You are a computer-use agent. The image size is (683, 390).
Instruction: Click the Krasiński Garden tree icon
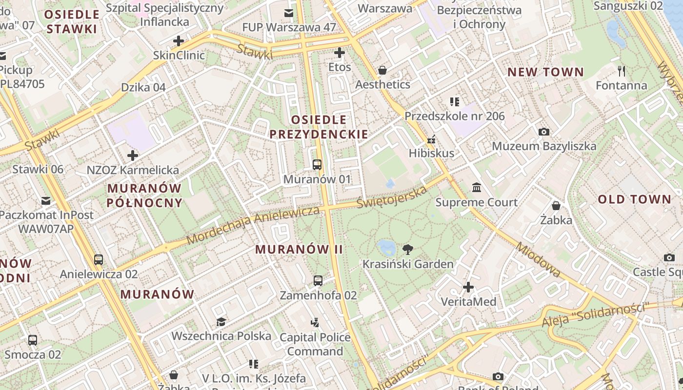[x=407, y=250]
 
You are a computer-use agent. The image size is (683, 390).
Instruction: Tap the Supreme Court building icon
[x=477, y=188]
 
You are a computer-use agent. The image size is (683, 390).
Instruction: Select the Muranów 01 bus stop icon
[x=317, y=165]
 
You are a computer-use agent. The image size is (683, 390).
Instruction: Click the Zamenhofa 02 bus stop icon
[x=318, y=280]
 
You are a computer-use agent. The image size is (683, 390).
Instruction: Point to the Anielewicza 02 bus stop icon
[x=99, y=259]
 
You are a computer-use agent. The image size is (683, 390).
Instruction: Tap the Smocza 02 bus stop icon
[x=33, y=340]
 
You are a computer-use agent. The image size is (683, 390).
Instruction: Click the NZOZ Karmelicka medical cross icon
[x=132, y=156]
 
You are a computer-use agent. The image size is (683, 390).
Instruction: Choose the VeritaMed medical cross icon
[x=468, y=287]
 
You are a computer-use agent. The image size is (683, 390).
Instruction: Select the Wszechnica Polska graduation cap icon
[x=221, y=322]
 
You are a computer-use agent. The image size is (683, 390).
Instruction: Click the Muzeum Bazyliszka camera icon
[x=543, y=132]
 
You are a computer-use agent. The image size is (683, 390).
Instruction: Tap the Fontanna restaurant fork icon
[x=621, y=71]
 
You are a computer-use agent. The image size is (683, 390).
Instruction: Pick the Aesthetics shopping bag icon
[x=382, y=70]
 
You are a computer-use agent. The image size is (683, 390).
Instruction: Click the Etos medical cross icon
[x=340, y=53]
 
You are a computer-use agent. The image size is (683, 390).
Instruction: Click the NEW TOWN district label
[x=545, y=73]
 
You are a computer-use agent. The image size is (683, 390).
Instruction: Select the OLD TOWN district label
[x=635, y=199]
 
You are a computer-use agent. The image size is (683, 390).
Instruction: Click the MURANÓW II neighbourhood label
[x=299, y=249]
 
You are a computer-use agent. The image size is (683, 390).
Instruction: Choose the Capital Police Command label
[x=315, y=344]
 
